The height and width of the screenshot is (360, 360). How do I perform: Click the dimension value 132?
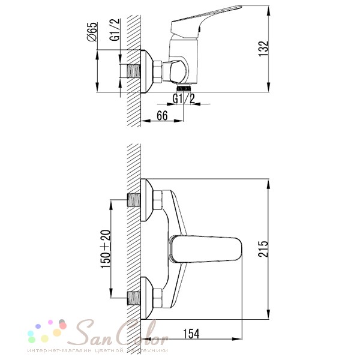263,49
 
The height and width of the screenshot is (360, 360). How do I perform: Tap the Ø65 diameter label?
92,32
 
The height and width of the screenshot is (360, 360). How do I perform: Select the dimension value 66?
162,115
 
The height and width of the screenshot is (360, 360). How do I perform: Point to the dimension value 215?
263,249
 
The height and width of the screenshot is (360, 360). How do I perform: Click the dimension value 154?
191,334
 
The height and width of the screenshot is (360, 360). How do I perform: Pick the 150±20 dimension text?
106,249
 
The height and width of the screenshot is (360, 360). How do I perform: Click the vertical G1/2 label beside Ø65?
115,30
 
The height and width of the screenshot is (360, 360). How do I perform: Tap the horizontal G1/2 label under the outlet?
184,99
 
